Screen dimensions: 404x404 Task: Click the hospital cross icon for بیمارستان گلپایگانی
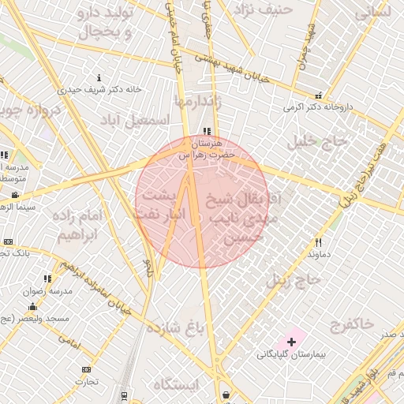(x=292, y=342)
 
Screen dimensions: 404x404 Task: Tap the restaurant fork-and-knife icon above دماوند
(x=319, y=242)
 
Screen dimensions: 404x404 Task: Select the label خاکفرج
(x=353, y=323)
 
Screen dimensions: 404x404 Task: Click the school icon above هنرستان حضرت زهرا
(x=207, y=132)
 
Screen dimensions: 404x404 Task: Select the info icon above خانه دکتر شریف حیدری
(x=99, y=77)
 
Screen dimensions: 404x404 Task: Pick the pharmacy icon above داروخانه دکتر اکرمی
(x=319, y=95)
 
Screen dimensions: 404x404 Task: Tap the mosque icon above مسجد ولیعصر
(x=32, y=306)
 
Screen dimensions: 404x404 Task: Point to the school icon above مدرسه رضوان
(x=48, y=279)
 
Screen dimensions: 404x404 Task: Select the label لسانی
(x=373, y=12)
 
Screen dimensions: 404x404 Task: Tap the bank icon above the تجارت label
(x=86, y=369)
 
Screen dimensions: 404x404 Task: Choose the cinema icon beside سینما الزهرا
(x=15, y=195)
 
